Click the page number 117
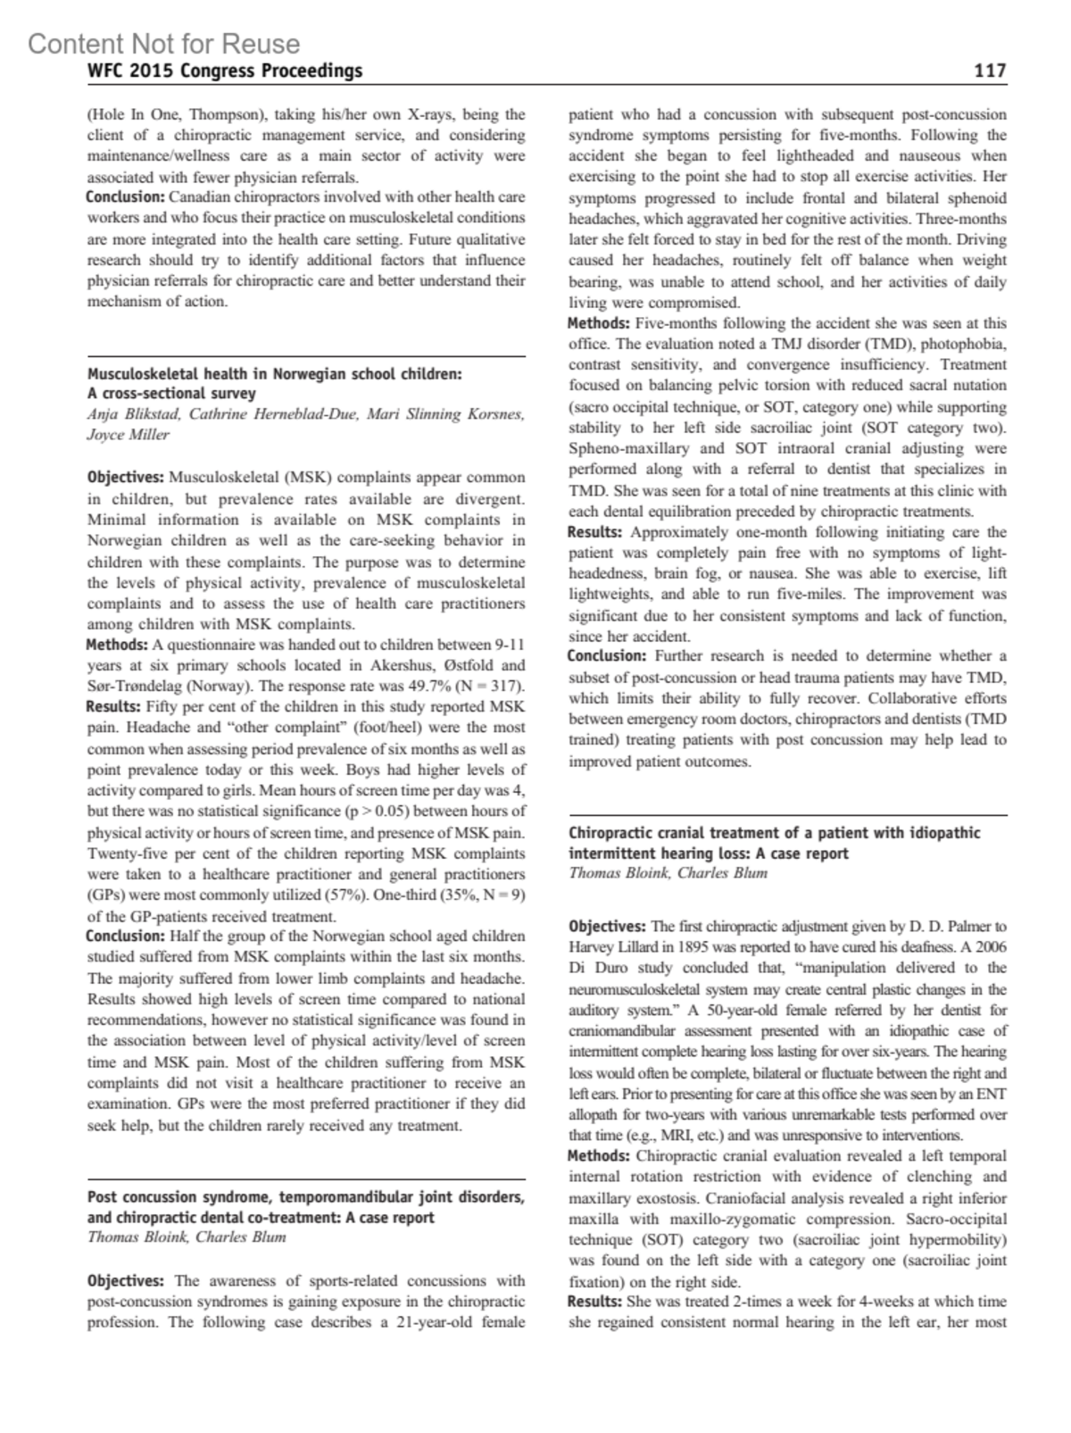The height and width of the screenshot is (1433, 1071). pyautogui.click(x=990, y=71)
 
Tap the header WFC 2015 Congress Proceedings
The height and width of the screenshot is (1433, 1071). pyautogui.click(x=225, y=71)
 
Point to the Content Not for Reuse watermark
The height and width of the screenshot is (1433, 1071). pyautogui.click(x=164, y=44)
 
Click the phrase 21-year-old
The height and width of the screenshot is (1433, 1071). pyautogui.click(x=424, y=1322)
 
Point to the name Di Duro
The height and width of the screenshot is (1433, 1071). pyautogui.click(x=597, y=969)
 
